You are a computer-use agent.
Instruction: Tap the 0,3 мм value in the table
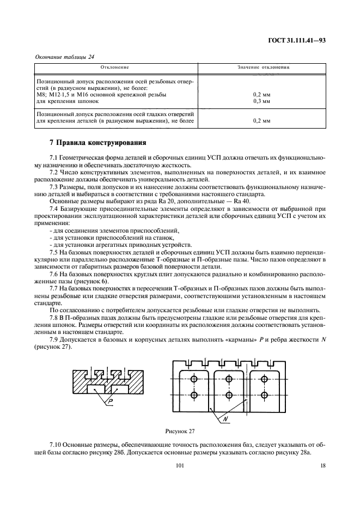262,101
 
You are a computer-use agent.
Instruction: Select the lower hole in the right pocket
265,394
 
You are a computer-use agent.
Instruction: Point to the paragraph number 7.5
53,252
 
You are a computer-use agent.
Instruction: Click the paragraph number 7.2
53,172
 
